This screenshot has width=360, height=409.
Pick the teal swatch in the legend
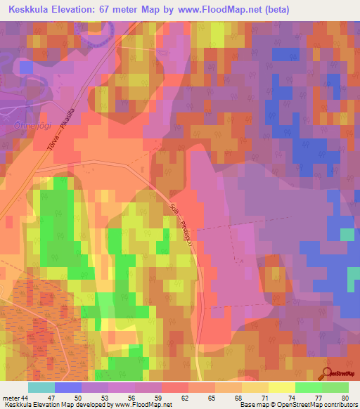(x=41, y=387)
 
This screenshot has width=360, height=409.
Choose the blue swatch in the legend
(x=68, y=387)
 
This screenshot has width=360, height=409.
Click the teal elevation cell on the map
(x=348, y=234)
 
